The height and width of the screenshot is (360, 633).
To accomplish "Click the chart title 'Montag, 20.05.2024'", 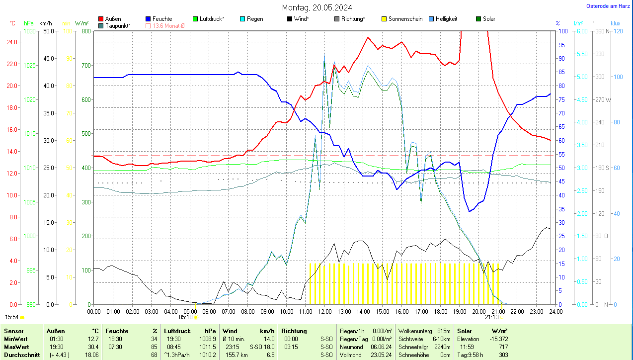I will pos(317,7).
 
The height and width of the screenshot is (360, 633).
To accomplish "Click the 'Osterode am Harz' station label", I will pos(609,6).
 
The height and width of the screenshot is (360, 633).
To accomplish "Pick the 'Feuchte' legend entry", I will pos(162,19).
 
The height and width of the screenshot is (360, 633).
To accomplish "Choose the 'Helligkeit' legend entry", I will pos(446,19).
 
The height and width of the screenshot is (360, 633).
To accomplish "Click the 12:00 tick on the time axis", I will pos(325,312).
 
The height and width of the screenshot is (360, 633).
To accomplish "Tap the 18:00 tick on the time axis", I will pos(440,312).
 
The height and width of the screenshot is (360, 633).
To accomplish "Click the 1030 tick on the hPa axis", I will pos(30,31).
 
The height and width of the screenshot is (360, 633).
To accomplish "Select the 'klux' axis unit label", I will pos(616,23).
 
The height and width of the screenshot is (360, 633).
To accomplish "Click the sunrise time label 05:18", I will pos(186,317).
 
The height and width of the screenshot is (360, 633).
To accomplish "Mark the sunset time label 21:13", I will pos(492,317).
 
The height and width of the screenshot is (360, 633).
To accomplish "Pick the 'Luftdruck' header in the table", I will pos(177,331).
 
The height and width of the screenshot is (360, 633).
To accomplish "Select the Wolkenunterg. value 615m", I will pos(444,331).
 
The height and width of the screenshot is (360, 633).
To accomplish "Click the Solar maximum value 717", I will pos(503,347).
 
